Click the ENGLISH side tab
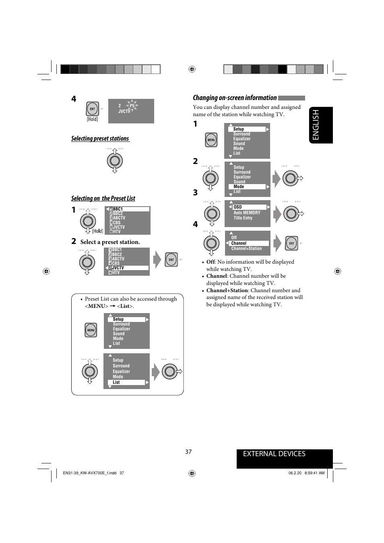tap(321, 125)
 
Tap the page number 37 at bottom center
tap(188, 452)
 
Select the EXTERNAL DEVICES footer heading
tap(274, 454)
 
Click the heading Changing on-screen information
tap(235, 98)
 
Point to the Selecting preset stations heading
tap(100, 138)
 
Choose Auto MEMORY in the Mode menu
tap(247, 213)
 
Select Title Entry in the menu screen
tap(243, 218)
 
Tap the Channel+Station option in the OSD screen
tap(246, 248)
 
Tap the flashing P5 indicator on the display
tap(132, 106)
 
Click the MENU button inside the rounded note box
tap(91, 330)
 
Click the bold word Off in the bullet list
tap(211, 262)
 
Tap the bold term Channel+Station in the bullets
tap(227, 291)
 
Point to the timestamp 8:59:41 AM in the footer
tap(314, 473)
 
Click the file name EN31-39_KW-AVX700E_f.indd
tap(90, 473)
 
